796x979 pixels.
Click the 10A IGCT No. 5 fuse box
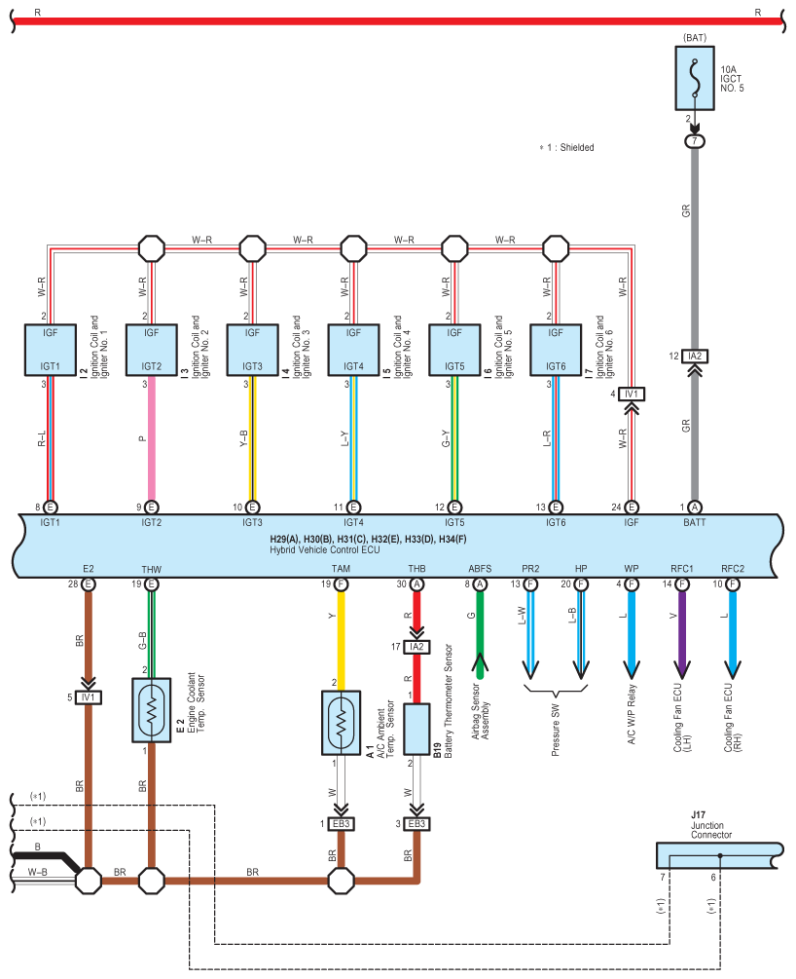[695, 78]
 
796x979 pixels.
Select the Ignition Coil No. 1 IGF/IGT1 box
[51, 350]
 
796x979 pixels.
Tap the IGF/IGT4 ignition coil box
[353, 350]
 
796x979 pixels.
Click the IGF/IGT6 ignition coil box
[556, 350]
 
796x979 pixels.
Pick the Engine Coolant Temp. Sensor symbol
[152, 710]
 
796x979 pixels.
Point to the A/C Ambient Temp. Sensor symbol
[341, 723]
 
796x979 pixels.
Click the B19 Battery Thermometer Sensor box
[416, 730]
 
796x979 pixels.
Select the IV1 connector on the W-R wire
[632, 394]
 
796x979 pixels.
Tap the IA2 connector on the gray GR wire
[695, 356]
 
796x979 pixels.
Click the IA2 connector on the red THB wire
[416, 647]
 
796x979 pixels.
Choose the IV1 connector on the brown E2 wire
[88, 697]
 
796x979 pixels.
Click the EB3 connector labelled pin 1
[341, 824]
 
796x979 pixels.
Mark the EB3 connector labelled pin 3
[416, 824]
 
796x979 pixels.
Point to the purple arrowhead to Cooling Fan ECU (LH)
[682, 669]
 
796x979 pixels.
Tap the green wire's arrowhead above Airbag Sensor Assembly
[480, 661]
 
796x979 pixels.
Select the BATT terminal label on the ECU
[695, 522]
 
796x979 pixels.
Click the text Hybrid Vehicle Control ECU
[324, 550]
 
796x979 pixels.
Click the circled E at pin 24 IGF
[632, 508]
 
